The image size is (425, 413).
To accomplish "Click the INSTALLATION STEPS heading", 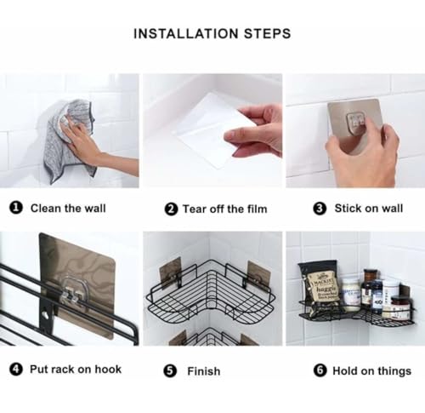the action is tap(212, 33).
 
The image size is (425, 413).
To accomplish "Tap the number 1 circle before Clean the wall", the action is tap(16, 208).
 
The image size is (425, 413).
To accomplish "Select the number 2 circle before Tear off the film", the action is tap(171, 209).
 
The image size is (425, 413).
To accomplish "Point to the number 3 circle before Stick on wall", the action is tap(320, 209).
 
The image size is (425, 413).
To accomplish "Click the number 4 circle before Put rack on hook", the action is tap(16, 370).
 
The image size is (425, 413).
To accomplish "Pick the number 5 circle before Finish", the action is tap(170, 371).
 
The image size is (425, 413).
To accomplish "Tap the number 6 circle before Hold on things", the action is tap(320, 370).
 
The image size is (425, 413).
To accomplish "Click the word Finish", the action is tap(204, 371).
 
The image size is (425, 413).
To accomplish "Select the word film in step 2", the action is tap(257, 209).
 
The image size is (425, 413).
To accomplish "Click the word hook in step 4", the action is tap(108, 370).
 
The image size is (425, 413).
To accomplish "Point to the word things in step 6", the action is tap(394, 371).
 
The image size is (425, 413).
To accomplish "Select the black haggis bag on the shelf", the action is tap(320, 287).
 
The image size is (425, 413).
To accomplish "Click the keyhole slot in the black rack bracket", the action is tap(45, 314).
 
